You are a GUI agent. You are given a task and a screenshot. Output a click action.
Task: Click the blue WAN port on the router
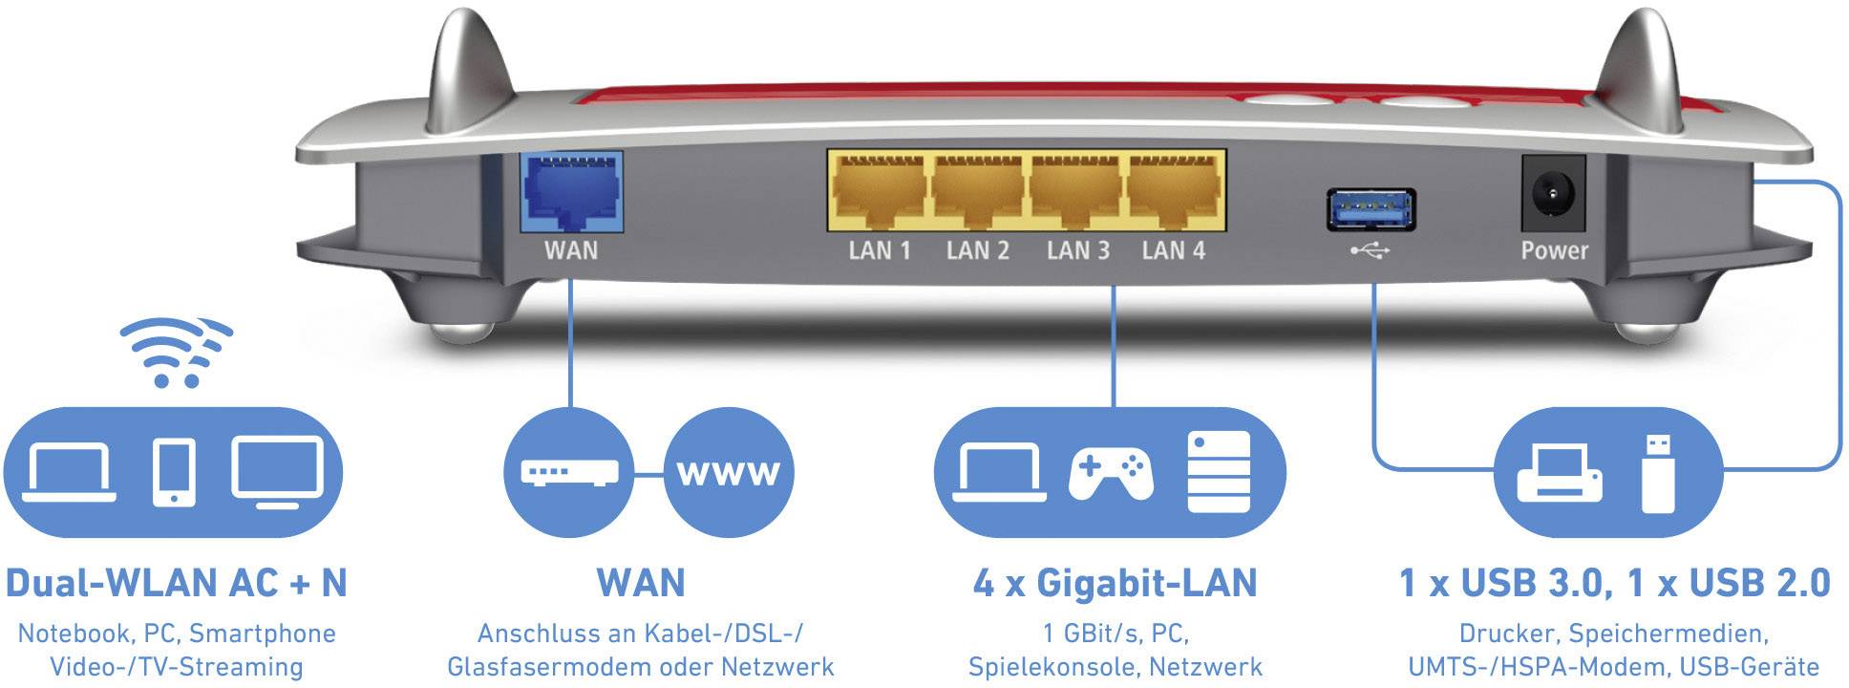pyautogui.click(x=570, y=191)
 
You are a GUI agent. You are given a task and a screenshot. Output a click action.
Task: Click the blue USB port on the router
pyautogui.click(x=1371, y=209)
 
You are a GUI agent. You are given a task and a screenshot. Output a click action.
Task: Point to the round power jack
pyautogui.click(x=1552, y=196)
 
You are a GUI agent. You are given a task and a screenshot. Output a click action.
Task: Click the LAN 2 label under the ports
pyautogui.click(x=977, y=251)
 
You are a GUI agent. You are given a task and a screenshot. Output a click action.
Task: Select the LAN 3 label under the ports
pyautogui.click(x=1077, y=251)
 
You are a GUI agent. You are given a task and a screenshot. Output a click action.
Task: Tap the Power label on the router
pyautogui.click(x=1554, y=251)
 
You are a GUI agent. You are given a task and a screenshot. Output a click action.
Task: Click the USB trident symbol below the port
pyautogui.click(x=1371, y=250)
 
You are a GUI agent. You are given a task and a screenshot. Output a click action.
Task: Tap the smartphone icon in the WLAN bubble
pyautogui.click(x=174, y=472)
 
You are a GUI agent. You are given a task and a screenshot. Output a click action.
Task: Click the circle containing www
pyautogui.click(x=728, y=472)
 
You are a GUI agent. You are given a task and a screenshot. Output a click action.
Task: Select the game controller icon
pyautogui.click(x=1110, y=473)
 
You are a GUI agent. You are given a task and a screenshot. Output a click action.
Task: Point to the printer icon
pyautogui.click(x=1559, y=473)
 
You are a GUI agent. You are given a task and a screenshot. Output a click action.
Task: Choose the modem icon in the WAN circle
pyautogui.click(x=569, y=472)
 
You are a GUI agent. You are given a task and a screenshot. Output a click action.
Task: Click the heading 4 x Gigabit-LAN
pyautogui.click(x=1115, y=583)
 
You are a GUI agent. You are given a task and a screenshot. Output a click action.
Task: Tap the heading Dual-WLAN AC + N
pyautogui.click(x=177, y=583)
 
